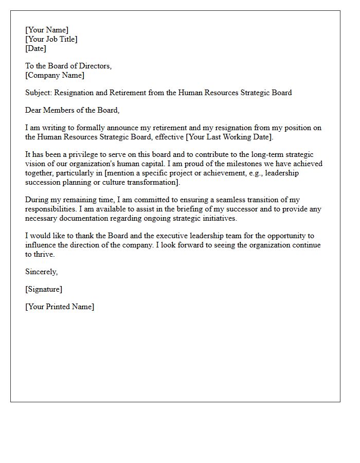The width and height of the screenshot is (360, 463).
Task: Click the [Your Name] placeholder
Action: point(47,30)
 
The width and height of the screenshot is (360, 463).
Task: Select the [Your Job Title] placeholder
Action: point(51,39)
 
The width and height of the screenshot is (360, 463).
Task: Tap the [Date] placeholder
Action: point(35,48)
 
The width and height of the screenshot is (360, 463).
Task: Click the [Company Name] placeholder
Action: point(55,75)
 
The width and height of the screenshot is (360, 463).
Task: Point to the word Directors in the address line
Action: point(95,66)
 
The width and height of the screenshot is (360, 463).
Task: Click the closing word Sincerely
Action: point(41,272)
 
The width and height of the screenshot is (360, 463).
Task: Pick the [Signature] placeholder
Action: point(44,289)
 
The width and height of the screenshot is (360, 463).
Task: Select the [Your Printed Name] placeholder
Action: point(60,307)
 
